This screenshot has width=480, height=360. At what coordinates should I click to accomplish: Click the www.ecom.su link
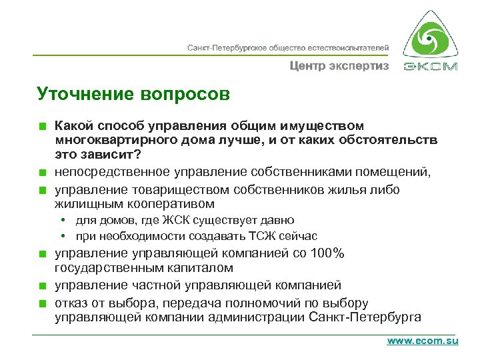click(423, 340)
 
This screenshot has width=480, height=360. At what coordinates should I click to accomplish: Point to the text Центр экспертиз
click(339, 66)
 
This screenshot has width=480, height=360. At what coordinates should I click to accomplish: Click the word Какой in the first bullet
click(71, 125)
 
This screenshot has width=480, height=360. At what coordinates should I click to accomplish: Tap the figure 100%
click(326, 253)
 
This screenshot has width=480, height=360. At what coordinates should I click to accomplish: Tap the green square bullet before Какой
click(41, 126)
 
